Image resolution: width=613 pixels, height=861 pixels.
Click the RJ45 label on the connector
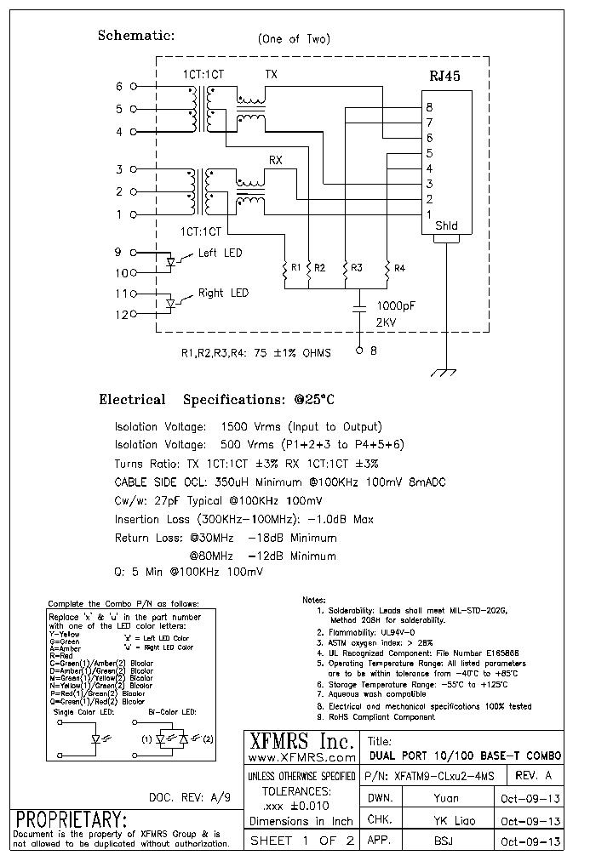444,77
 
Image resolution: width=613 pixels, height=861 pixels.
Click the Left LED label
220,253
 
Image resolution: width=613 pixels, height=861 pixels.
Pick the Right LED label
223,293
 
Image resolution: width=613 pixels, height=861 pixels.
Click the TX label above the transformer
272,75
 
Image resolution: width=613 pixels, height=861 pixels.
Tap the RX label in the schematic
276,160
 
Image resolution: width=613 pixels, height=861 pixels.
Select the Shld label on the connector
446,226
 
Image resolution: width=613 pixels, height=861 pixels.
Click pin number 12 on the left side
120,315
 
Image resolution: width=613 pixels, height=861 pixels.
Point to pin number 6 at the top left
119,87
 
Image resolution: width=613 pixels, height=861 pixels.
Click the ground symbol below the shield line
446,373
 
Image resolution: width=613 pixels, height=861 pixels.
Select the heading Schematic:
136,36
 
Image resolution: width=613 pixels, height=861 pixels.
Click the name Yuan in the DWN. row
445,798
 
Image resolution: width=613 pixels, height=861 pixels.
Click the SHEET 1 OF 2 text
302,841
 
